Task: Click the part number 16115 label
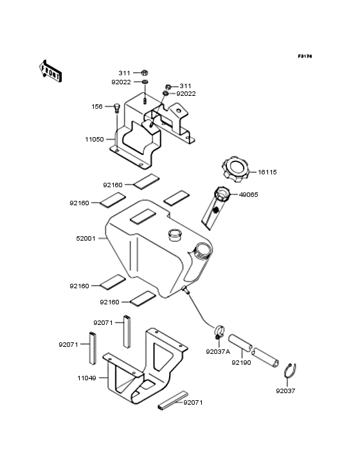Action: (267, 172)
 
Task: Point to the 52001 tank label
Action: (85, 238)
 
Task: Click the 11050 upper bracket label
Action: (94, 138)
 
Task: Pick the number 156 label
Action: (96, 107)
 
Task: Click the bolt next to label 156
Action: (117, 108)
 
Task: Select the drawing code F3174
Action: (304, 57)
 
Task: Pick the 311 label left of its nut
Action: (123, 73)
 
